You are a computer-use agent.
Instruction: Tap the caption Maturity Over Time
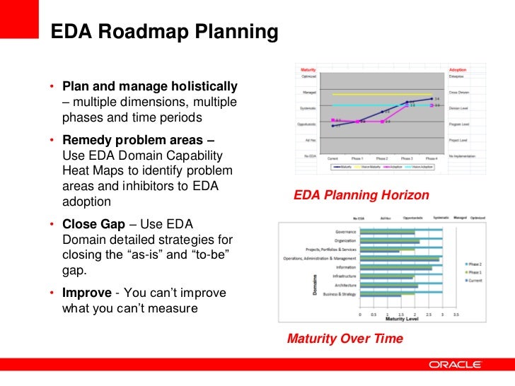pos(345,339)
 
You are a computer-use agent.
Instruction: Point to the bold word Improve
pos(87,293)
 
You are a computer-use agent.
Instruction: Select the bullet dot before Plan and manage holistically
pos(52,88)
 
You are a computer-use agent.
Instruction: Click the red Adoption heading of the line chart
pos(458,69)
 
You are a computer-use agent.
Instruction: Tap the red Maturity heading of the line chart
pos(308,69)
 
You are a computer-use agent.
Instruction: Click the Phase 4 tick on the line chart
pos(432,158)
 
